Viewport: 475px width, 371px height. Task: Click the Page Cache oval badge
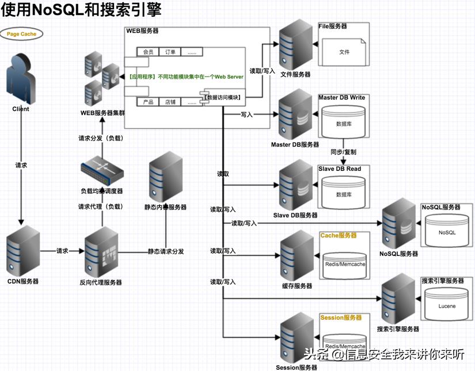click(x=21, y=34)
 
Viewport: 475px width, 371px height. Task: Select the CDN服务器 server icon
click(x=23, y=251)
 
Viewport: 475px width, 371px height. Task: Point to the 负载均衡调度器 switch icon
click(x=101, y=170)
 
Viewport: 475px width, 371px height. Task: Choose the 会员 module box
click(x=148, y=52)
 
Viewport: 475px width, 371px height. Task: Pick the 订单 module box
click(x=170, y=52)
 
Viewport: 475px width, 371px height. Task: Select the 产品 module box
click(x=148, y=102)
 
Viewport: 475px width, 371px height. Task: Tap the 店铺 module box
click(x=170, y=102)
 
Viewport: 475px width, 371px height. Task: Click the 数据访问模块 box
click(x=225, y=97)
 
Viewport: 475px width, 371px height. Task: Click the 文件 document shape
click(x=344, y=52)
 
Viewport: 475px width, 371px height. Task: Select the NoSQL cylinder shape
click(x=447, y=232)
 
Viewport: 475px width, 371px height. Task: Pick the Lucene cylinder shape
click(x=447, y=305)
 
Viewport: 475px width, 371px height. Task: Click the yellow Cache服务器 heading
click(x=339, y=235)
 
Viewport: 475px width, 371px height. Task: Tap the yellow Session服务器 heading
click(x=341, y=317)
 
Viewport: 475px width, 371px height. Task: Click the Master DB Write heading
click(x=341, y=98)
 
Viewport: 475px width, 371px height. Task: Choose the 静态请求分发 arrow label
click(x=166, y=251)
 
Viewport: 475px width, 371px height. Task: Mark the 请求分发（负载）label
click(x=101, y=138)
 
